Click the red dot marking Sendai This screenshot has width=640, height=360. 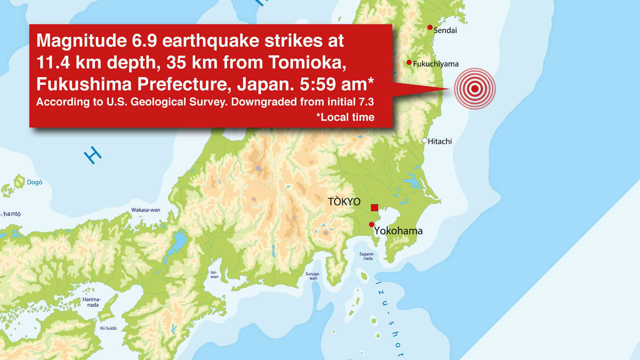coord(430,27)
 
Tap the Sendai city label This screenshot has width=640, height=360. coord(445,30)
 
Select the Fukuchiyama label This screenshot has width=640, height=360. coord(436,64)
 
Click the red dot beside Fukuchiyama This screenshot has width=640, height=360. coord(409,62)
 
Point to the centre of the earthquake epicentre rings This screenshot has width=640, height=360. coord(475,89)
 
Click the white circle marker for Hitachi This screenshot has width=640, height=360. coord(424,140)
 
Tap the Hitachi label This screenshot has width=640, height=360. coord(440,141)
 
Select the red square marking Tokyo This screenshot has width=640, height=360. coord(374,208)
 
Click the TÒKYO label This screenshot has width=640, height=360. coord(344,202)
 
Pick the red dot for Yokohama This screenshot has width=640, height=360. coord(371,224)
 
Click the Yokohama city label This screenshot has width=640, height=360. coord(398,231)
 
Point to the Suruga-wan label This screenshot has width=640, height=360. coord(313,276)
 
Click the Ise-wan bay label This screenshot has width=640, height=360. coord(214,275)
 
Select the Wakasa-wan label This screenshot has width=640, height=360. coord(146,210)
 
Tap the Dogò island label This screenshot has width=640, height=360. coord(35,182)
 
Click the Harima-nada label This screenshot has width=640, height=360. coord(92,302)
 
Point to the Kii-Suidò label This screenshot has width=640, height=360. coord(108,328)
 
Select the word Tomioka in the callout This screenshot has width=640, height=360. coord(307,62)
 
